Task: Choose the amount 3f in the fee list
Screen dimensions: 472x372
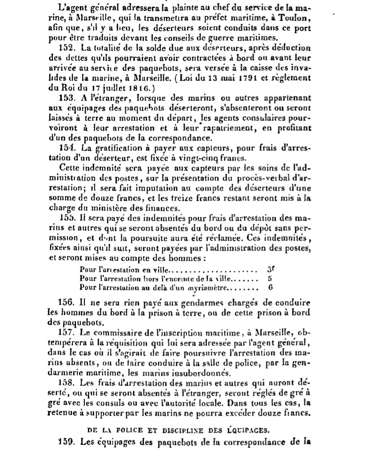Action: click(x=271, y=270)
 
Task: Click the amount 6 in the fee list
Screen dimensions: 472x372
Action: click(x=270, y=287)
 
